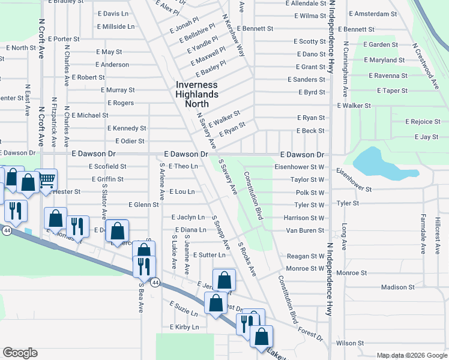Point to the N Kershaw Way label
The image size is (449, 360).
click(233, 35)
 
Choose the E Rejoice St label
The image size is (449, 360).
click(423, 122)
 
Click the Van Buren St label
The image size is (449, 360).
click(305, 230)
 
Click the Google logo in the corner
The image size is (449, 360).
click(20, 353)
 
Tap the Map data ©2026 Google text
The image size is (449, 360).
click(411, 355)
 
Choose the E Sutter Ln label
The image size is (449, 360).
click(209, 256)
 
